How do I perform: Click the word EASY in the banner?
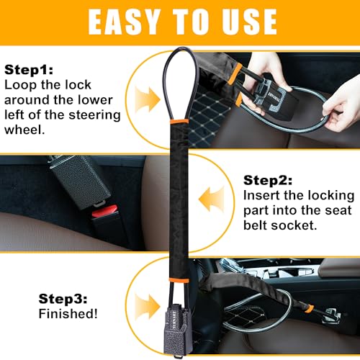[x=124, y=22]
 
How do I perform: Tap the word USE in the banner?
[x=249, y=22]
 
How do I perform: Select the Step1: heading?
[x=29, y=70]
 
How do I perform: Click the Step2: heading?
[x=268, y=180]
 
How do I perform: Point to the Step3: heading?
[x=63, y=299]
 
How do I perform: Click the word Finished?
[x=68, y=314]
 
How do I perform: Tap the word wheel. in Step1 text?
[x=24, y=130]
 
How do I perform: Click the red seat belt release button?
[x=104, y=211]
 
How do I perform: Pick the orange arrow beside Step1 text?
[x=147, y=99]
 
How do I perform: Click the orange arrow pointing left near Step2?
[x=212, y=199]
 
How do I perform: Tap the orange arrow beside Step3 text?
[x=147, y=307]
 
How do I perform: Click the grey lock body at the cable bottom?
[x=177, y=333]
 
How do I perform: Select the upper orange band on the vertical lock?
[x=179, y=121]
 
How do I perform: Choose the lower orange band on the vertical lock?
[x=179, y=280]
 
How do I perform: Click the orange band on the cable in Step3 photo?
[x=309, y=308]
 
